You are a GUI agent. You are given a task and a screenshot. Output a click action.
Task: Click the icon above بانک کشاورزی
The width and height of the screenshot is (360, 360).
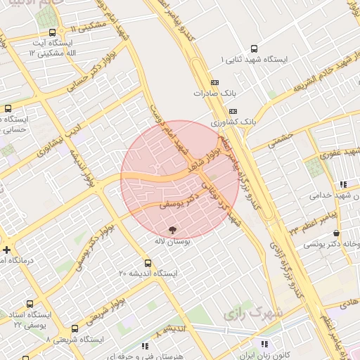(233, 111)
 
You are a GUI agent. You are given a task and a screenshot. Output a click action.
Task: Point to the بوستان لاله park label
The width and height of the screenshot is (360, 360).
(173, 240)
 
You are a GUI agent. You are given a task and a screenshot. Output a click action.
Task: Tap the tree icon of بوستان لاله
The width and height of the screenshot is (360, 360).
(173, 229)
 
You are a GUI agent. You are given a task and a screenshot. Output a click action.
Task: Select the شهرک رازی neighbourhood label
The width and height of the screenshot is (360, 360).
(253, 311)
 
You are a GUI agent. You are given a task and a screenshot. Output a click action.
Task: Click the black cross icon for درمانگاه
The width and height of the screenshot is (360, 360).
(6, 250)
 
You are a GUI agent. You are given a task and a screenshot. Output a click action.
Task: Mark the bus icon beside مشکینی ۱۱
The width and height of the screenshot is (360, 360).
(53, 32)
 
